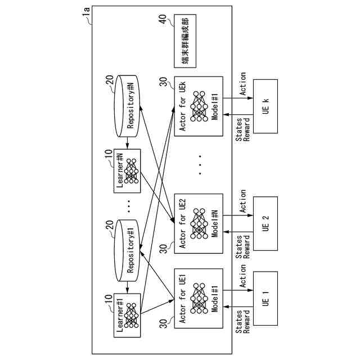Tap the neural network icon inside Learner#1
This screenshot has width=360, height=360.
pyautogui.click(x=132, y=316)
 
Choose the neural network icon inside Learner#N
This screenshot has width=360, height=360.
pyautogui.click(x=132, y=171)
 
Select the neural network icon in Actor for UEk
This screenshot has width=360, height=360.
pyautogui.click(x=199, y=106)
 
